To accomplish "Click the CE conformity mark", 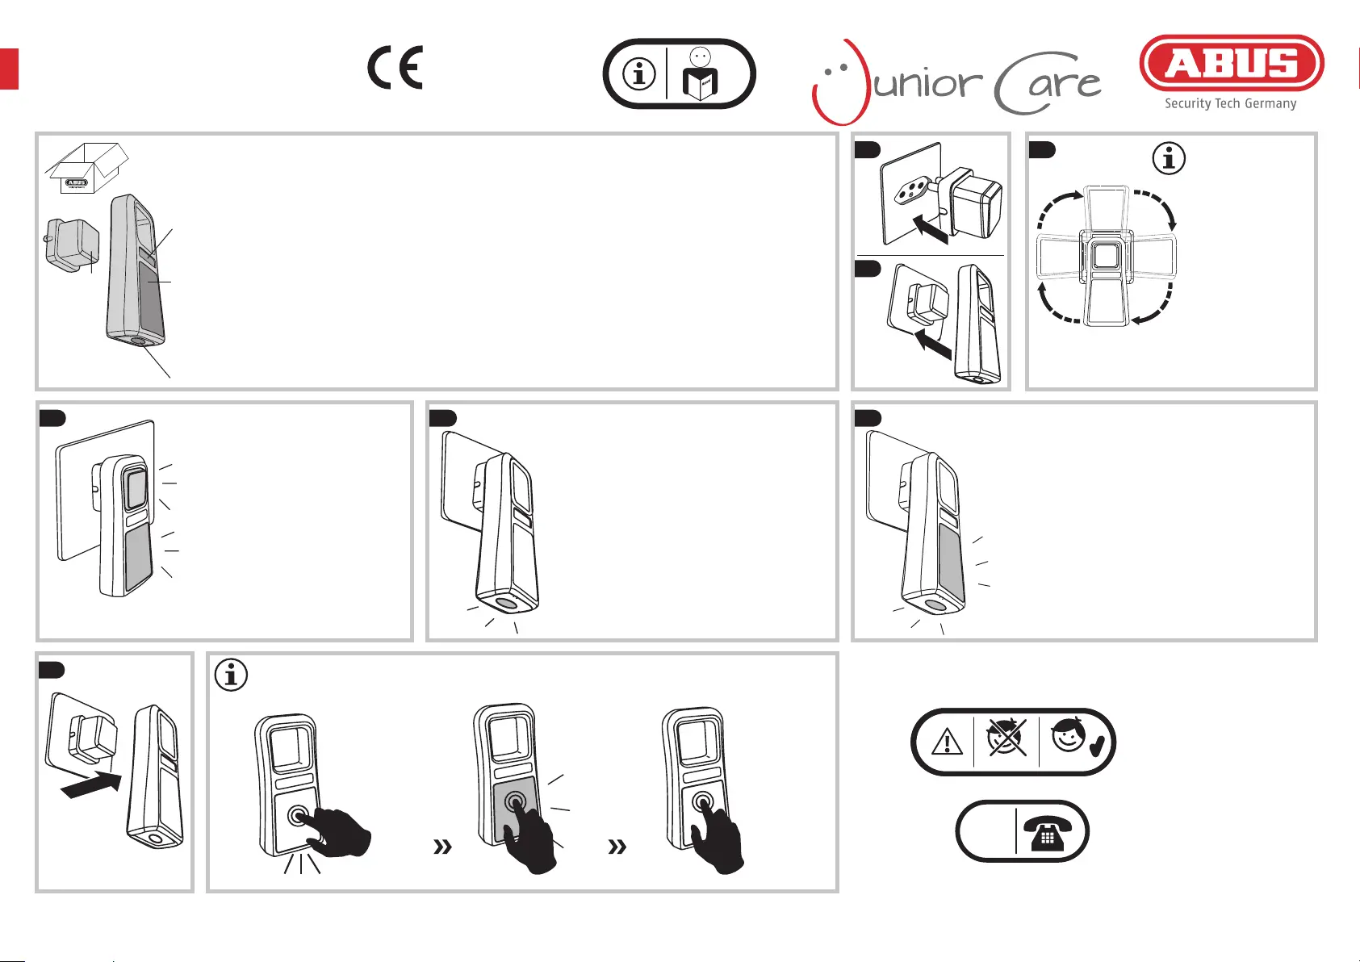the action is (395, 68).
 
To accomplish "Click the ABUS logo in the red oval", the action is (1231, 63).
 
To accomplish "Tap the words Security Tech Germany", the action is (1230, 103).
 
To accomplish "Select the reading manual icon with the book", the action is (701, 75).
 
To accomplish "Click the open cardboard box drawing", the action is (86, 168).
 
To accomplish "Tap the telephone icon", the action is (1048, 831).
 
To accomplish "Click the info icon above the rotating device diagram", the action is (1169, 158).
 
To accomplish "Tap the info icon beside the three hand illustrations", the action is (231, 673).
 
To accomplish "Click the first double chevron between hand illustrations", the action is (442, 847).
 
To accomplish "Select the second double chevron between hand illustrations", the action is (617, 847).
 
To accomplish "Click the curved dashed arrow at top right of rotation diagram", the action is (1154, 207).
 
